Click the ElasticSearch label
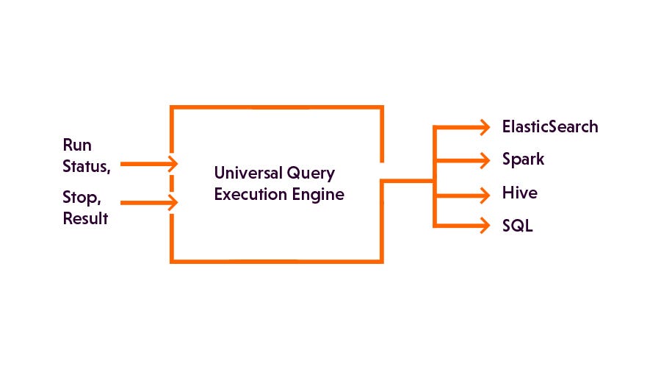coord(550,127)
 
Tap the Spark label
coord(523,160)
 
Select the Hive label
coord(519,193)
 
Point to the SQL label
coord(517,226)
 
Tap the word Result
coord(85,218)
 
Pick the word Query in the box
coord(311,175)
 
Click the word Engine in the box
coord(318,196)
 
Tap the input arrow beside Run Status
coord(170,164)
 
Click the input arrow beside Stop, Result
coord(170,202)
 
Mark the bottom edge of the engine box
coord(276,260)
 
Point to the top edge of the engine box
coord(276,108)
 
